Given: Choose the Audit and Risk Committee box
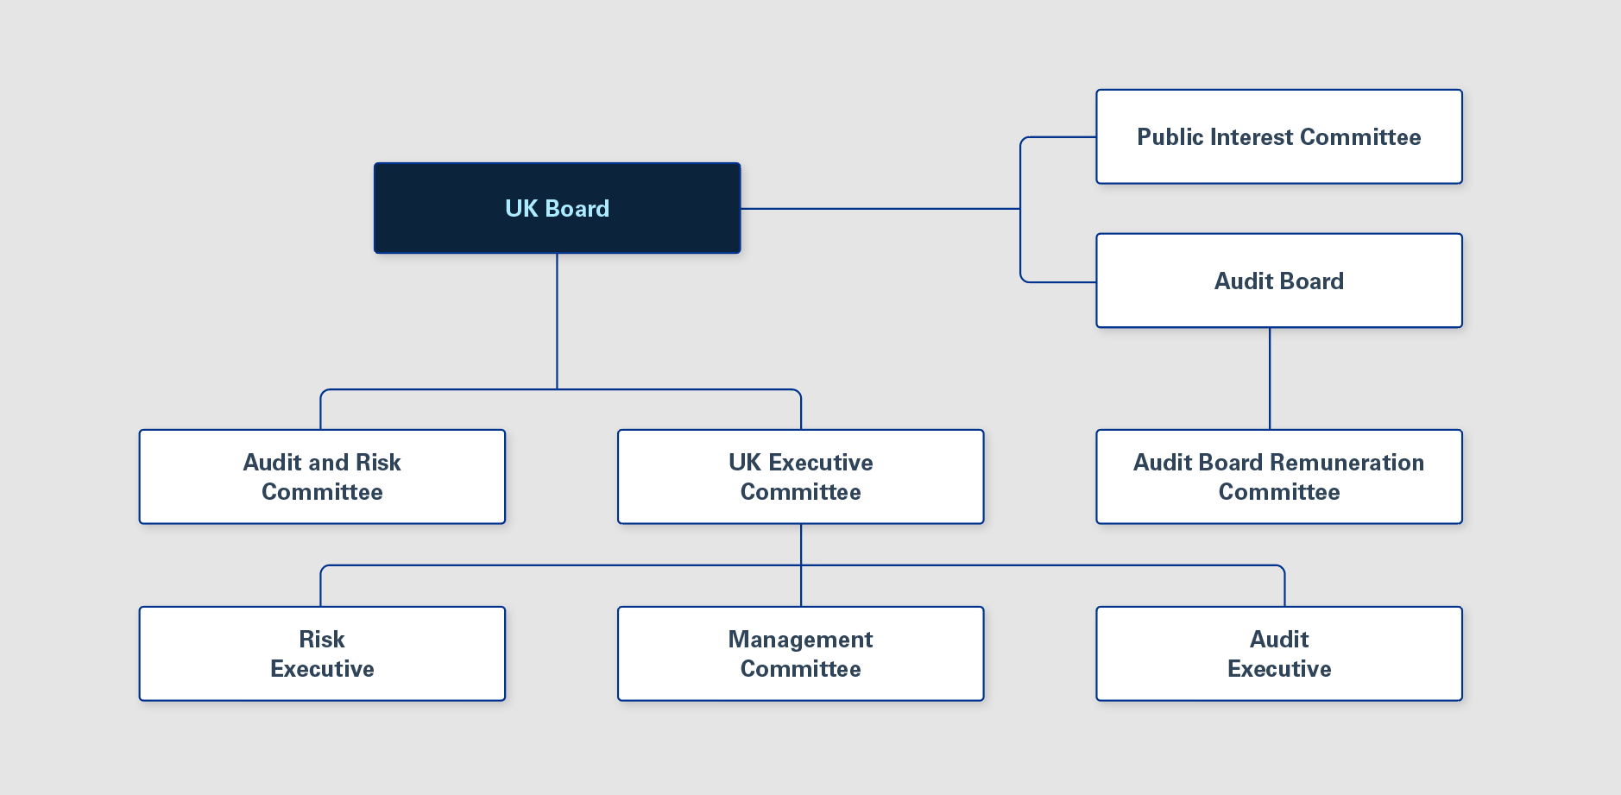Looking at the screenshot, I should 322,476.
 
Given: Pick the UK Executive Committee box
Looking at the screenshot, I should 800,476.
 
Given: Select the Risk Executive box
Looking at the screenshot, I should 322,653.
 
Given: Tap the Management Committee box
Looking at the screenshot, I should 800,653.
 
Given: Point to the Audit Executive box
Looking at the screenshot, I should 1278,653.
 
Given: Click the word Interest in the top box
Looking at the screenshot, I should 1252,137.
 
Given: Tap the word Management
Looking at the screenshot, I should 800,640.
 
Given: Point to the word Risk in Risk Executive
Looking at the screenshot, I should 322,640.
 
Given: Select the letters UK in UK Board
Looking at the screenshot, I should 521,209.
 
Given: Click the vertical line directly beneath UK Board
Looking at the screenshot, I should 557,319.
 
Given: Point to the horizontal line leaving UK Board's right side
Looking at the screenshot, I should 880,209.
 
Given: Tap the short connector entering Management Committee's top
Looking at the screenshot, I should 801,587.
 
